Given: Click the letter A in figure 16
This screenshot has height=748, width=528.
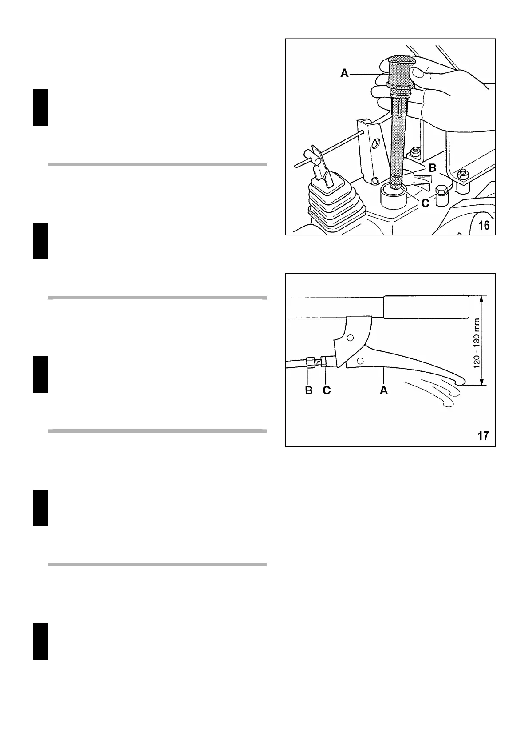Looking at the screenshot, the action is click(x=344, y=73).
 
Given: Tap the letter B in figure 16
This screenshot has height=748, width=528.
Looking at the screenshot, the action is click(x=433, y=168).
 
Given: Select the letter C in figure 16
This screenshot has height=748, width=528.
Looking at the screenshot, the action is click(x=425, y=203).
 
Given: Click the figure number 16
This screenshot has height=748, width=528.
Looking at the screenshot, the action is click(x=484, y=226).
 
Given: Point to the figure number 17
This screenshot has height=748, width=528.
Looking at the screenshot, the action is click(x=483, y=436).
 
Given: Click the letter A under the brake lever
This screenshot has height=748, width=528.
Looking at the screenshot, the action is click(x=384, y=390).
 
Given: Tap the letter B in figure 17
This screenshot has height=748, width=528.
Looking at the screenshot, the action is click(x=309, y=390).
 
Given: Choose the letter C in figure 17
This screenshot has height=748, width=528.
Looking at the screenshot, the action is click(x=327, y=390).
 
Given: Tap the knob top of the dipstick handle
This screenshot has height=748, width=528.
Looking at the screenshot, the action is click(x=402, y=60).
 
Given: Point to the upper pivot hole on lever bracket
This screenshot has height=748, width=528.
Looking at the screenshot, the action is click(x=350, y=338).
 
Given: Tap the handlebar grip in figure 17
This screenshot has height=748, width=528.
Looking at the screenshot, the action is click(x=426, y=307).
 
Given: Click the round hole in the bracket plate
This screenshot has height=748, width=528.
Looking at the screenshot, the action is click(x=376, y=143).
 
